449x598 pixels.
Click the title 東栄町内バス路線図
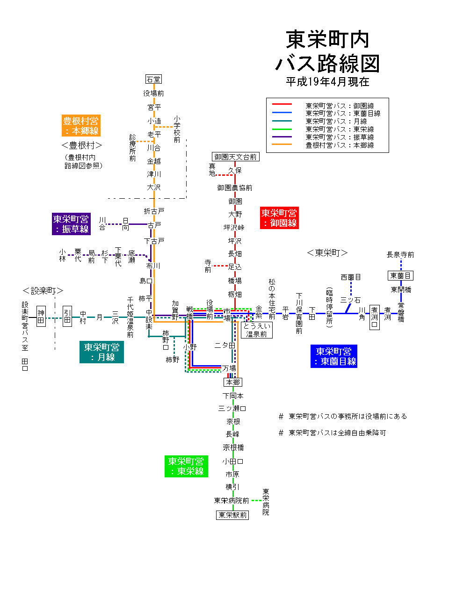coord(327,51)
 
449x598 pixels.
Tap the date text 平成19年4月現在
coord(327,82)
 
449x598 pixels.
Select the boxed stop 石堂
coord(153,79)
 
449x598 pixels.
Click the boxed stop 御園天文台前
coord(236,157)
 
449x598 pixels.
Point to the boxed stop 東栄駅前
coord(233,515)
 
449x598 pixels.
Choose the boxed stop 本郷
coord(233,382)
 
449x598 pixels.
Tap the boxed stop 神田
coord(41,316)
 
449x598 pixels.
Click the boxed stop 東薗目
coord(400,276)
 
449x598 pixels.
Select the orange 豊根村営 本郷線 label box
coord(81,126)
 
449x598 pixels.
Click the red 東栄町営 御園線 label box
coord(279,218)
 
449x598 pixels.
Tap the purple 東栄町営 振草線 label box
coord(71,224)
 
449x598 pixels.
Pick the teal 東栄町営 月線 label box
coord(101,352)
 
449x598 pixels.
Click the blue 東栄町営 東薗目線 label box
coord(333,356)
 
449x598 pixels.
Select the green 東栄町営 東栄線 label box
coord(186,466)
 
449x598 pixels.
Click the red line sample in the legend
coord(282,104)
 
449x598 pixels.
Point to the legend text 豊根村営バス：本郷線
coord(340,145)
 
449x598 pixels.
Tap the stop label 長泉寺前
coord(400,255)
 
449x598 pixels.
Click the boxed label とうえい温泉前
coord(257,330)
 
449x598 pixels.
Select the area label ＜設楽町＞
coord(43,291)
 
